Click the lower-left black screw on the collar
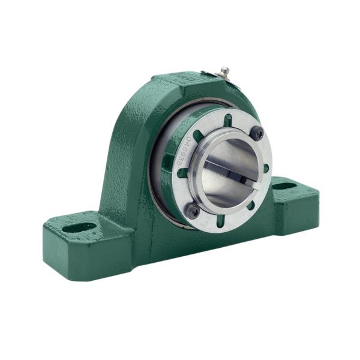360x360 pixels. (193, 211)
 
